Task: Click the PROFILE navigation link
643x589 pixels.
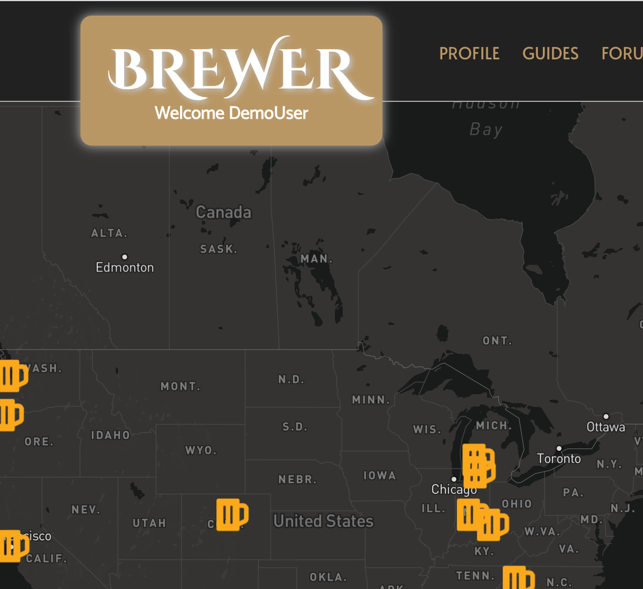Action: click(469, 53)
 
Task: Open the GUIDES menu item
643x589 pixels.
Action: click(550, 53)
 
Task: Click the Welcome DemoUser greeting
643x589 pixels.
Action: click(231, 113)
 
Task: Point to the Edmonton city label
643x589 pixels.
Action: click(125, 268)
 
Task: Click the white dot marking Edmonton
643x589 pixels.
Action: click(125, 257)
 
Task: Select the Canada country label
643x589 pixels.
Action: click(224, 212)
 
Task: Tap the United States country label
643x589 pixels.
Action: click(323, 521)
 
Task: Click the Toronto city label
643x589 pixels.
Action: click(559, 459)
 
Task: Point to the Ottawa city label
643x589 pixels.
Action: click(606, 427)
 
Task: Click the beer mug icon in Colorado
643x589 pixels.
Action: click(232, 515)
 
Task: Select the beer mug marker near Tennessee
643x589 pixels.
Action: click(518, 578)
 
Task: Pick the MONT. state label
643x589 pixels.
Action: click(180, 386)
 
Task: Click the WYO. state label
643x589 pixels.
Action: click(201, 450)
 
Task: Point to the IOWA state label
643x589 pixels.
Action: click(380, 475)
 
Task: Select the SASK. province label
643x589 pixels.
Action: click(219, 249)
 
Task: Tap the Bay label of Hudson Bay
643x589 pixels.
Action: click(486, 130)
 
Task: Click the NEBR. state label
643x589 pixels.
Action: click(297, 479)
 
